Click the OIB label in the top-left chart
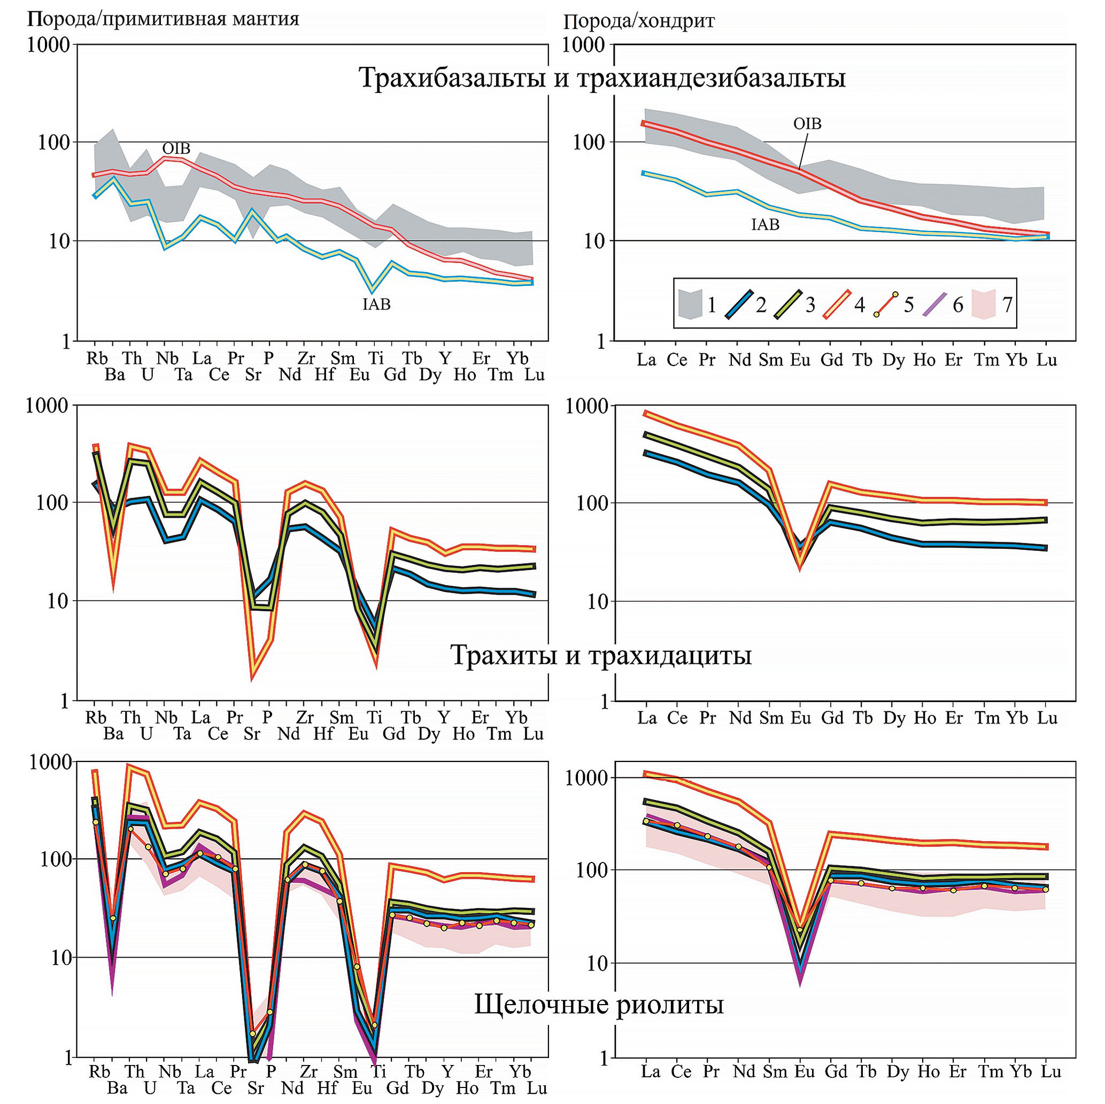tap(176, 149)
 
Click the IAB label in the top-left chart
tap(376, 304)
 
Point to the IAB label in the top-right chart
tap(765, 224)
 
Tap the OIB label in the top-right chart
tap(807, 123)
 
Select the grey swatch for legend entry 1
tap(690, 304)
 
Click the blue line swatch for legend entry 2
tap(738, 304)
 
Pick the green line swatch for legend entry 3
tap(787, 304)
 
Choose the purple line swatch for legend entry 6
tap(934, 304)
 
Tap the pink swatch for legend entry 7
tap(984, 304)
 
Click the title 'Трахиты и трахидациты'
tap(601, 655)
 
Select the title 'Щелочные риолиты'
tap(599, 1004)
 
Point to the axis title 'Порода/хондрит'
tap(639, 22)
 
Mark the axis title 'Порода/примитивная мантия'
tap(163, 19)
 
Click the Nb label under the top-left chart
tap(167, 359)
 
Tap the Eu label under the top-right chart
tap(800, 360)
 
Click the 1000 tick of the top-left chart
tap(48, 44)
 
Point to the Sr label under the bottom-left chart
tap(256, 1088)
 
